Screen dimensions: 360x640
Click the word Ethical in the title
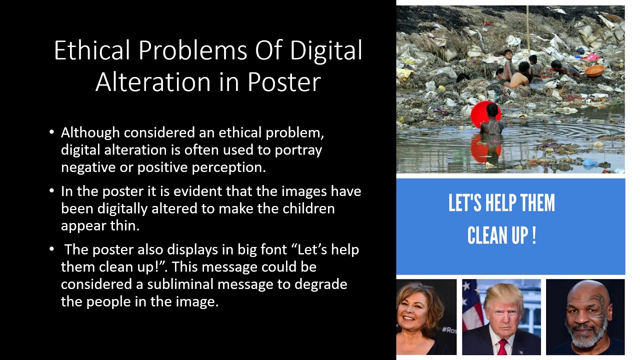click(91, 50)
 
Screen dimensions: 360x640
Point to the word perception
click(229, 167)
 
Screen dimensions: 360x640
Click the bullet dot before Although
click(52, 132)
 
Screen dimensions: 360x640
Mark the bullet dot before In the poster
click(52, 191)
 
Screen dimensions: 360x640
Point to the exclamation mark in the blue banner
click(533, 235)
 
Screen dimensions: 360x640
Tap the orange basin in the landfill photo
click(594, 70)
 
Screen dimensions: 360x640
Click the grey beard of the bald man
click(585, 339)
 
